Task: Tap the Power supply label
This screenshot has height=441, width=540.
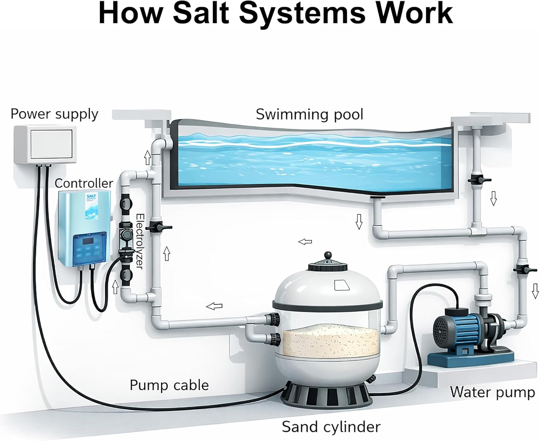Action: tap(54, 114)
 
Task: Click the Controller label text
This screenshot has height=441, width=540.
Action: tap(84, 183)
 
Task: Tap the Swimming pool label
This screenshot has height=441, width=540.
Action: tap(309, 114)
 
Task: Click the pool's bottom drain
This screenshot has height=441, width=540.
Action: tap(378, 197)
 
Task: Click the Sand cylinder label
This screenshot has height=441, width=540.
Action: tap(330, 427)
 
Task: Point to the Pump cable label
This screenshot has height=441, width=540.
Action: tap(169, 385)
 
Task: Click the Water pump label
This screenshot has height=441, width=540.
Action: tap(492, 392)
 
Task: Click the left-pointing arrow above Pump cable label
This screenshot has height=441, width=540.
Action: tap(214, 306)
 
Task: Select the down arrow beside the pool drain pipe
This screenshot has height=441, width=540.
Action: tap(359, 221)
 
